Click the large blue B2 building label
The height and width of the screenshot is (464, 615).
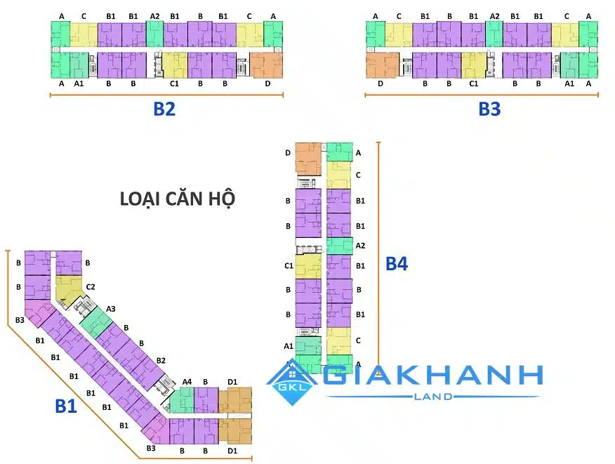click(x=164, y=109)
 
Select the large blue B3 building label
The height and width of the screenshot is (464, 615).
click(x=489, y=109)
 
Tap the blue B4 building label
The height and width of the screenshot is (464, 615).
click(x=397, y=264)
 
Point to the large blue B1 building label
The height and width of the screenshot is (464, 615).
click(x=66, y=406)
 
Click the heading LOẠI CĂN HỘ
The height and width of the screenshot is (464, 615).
click(x=177, y=199)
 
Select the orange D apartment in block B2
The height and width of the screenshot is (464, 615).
click(x=267, y=65)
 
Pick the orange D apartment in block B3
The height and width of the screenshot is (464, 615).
click(x=382, y=65)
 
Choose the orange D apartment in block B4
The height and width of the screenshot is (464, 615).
click(x=307, y=159)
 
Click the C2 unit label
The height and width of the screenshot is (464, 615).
click(x=91, y=286)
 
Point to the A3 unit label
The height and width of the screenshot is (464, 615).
click(x=111, y=308)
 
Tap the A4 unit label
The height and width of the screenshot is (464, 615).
click(x=187, y=381)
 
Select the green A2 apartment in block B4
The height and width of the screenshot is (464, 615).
click(x=339, y=246)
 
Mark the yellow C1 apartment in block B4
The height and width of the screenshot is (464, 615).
click(x=307, y=266)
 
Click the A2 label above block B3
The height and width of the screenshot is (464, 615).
click(x=494, y=15)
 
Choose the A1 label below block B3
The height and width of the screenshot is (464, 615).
click(x=569, y=83)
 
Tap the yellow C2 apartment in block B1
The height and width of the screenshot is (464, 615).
click(x=69, y=288)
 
